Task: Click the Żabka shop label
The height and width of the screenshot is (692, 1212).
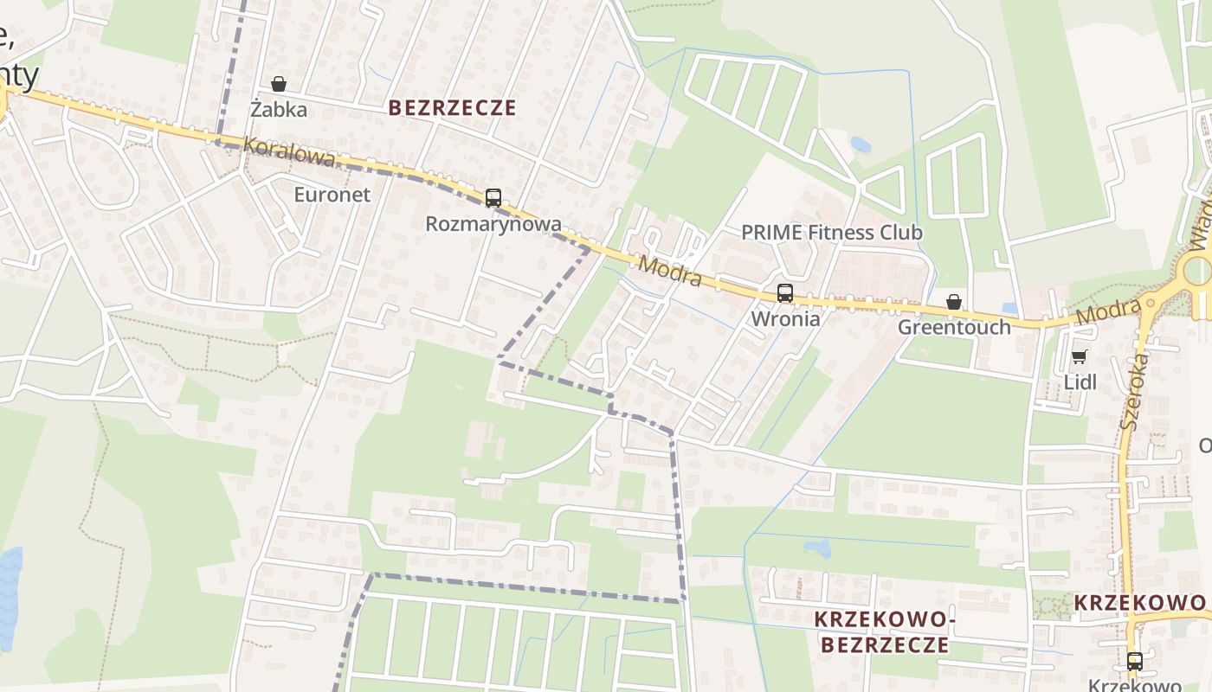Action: point(279,110)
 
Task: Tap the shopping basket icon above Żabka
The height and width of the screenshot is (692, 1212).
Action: point(279,84)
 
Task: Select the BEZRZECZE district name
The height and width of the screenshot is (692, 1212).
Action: point(452,108)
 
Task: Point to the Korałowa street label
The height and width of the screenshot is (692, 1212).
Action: point(288,151)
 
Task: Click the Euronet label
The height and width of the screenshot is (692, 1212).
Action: point(332,195)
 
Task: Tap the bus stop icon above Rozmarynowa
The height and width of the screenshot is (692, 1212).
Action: point(493,198)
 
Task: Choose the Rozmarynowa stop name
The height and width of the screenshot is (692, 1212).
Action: point(493,224)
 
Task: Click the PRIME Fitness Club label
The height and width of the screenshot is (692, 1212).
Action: point(832,233)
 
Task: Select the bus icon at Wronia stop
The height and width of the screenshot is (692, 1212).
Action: point(784,293)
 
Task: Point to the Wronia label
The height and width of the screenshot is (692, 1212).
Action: point(785,318)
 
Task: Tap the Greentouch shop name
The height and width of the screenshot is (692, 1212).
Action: point(954,327)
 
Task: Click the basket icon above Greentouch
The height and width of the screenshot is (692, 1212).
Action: point(954,302)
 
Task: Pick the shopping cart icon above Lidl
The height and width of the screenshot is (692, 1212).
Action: point(1079,356)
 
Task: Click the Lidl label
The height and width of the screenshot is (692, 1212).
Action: point(1080,381)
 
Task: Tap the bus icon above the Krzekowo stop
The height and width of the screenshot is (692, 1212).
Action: point(1134,662)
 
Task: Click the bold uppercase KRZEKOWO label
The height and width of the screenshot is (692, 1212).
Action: point(1139,603)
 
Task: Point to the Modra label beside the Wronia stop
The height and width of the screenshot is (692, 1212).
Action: point(670,271)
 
